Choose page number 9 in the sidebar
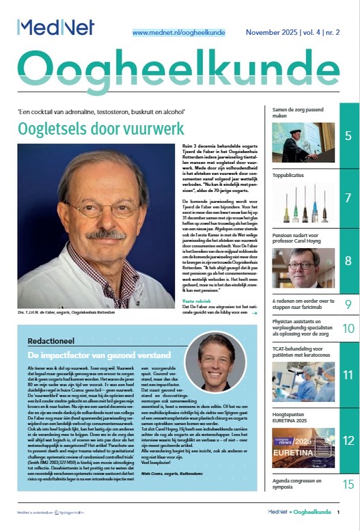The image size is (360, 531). tap(348, 305)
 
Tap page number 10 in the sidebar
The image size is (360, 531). tap(348, 329)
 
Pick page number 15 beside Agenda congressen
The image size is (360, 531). tap(348, 485)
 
